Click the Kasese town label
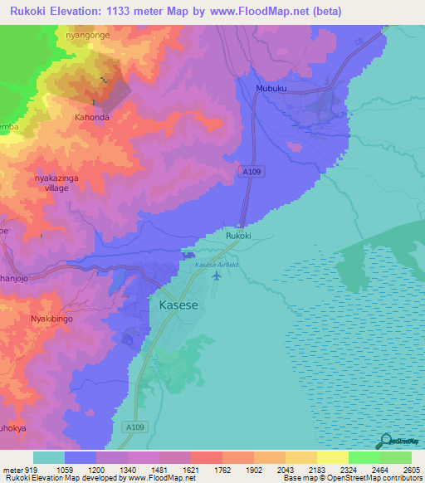coord(177,305)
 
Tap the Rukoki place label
coord(238,236)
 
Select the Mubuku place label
coord(271,87)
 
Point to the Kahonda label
coord(92,117)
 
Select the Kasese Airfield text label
coord(216,264)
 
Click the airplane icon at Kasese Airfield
coord(217,276)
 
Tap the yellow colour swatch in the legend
coord(332,457)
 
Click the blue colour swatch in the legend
coord(81,457)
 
